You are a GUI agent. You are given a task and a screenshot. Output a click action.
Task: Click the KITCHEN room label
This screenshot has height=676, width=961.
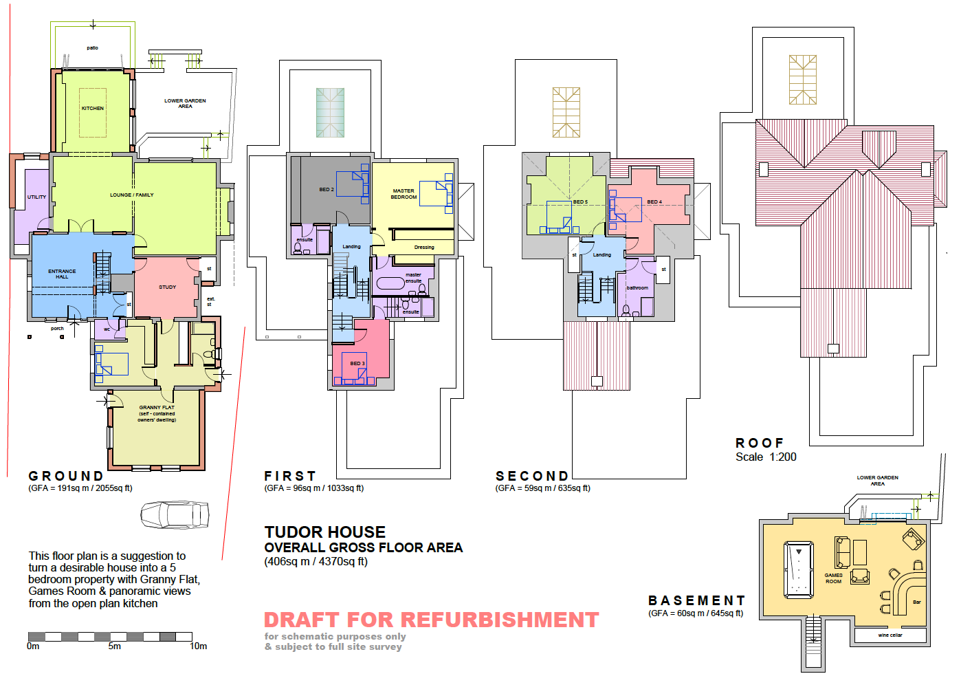coord(93,108)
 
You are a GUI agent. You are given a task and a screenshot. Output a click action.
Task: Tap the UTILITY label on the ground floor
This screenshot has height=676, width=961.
coord(37,197)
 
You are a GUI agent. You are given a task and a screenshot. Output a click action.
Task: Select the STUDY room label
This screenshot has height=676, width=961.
coord(167,287)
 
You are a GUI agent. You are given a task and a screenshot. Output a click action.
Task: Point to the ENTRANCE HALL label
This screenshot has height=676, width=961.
coord(62,274)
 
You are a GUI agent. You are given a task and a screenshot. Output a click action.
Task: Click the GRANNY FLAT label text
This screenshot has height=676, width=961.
coord(157,407)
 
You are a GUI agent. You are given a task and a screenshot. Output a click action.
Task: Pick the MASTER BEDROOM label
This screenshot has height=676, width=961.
coord(404,194)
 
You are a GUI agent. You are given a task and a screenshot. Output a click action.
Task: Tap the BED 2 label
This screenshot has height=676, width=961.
coord(327,189)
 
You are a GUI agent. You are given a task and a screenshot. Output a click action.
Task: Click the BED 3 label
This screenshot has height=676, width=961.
coord(357,364)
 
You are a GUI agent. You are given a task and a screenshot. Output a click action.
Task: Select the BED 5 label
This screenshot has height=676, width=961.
coord(580,201)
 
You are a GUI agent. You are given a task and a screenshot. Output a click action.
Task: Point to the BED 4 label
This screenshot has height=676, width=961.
coord(654,201)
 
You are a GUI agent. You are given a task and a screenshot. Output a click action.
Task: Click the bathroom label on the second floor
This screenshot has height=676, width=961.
coord(637,288)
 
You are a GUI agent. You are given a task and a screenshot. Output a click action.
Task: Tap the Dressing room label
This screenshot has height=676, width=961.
coord(424,247)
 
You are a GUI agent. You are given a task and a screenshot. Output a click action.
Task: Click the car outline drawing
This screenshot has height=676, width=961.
coord(175,514)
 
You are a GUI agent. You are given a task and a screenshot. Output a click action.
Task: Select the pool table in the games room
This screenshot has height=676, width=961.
coord(798,569)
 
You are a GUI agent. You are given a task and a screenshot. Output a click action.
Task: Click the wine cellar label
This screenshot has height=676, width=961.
coord(890,635)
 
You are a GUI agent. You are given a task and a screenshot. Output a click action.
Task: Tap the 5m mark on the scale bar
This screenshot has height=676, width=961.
coord(115,646)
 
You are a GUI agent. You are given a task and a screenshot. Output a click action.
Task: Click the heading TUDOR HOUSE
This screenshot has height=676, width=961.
coord(324,532)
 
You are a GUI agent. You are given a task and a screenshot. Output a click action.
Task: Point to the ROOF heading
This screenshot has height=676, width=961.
coord(760,443)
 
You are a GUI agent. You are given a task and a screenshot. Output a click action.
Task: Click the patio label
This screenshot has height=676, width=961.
coord(92,47)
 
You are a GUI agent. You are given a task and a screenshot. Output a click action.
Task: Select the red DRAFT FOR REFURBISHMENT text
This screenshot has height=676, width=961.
coord(431,620)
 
